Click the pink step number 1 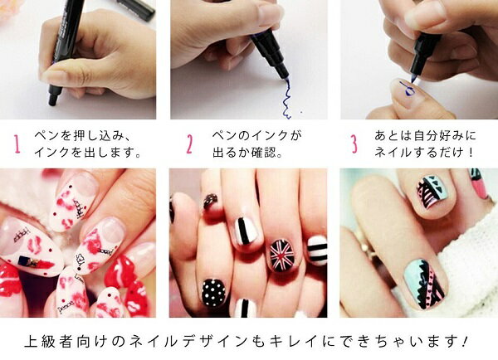[17, 144]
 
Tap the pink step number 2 [189, 144]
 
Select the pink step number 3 [354, 144]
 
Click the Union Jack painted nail [281, 255]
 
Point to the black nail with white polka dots [214, 293]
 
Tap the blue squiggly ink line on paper [286, 99]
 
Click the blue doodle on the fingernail [407, 89]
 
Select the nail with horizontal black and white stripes [317, 251]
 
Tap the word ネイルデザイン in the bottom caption [188, 341]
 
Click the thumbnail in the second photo [270, 14]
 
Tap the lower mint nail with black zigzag [426, 285]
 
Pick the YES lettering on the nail [80, 260]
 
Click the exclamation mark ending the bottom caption [466, 341]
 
